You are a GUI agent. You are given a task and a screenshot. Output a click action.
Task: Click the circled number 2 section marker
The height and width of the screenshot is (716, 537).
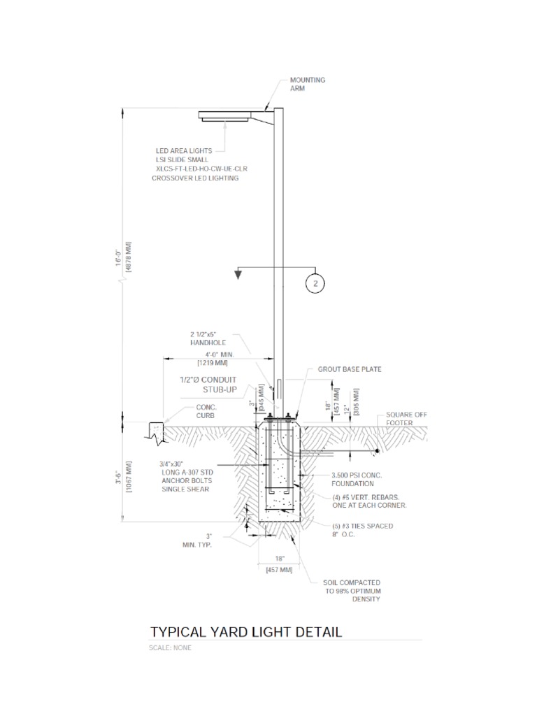pyautogui.click(x=315, y=284)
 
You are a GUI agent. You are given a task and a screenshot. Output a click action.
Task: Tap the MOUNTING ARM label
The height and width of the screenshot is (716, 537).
pyautogui.click(x=308, y=84)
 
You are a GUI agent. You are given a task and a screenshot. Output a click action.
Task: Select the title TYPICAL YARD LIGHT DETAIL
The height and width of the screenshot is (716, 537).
pyautogui.click(x=245, y=632)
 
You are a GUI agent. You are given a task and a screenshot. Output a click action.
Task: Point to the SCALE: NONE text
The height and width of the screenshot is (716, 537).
pyautogui.click(x=170, y=647)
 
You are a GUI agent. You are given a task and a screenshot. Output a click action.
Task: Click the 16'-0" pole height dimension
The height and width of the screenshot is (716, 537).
pyautogui.click(x=118, y=257)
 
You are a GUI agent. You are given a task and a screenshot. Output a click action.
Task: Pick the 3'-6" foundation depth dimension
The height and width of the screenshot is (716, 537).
pyautogui.click(x=118, y=475)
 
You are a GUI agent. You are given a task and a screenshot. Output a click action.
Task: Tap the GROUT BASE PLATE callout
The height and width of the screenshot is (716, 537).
pyautogui.click(x=350, y=369)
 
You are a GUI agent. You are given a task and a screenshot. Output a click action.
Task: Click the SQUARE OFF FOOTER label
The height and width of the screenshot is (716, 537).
pyautogui.click(x=406, y=419)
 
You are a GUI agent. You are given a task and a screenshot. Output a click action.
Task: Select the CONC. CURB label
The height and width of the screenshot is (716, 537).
pyautogui.click(x=206, y=411)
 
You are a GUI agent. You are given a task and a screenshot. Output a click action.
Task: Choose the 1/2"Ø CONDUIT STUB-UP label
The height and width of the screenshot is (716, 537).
pyautogui.click(x=208, y=385)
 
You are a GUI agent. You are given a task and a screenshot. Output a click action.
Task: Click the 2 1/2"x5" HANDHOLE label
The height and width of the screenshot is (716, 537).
pyautogui.click(x=208, y=338)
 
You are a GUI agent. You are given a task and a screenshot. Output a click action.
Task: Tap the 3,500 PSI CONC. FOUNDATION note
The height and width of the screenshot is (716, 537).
pyautogui.click(x=357, y=480)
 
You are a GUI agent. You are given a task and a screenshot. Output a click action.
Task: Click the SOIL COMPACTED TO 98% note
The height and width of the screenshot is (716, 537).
pyautogui.click(x=352, y=590)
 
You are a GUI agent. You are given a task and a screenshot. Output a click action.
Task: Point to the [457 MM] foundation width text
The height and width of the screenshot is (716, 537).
pyautogui.click(x=279, y=570)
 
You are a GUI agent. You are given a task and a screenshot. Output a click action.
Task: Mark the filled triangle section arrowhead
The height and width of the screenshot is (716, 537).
pyautogui.click(x=238, y=274)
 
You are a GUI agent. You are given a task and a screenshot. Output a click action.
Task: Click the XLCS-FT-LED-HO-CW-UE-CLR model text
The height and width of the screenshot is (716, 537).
pyautogui.click(x=201, y=169)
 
